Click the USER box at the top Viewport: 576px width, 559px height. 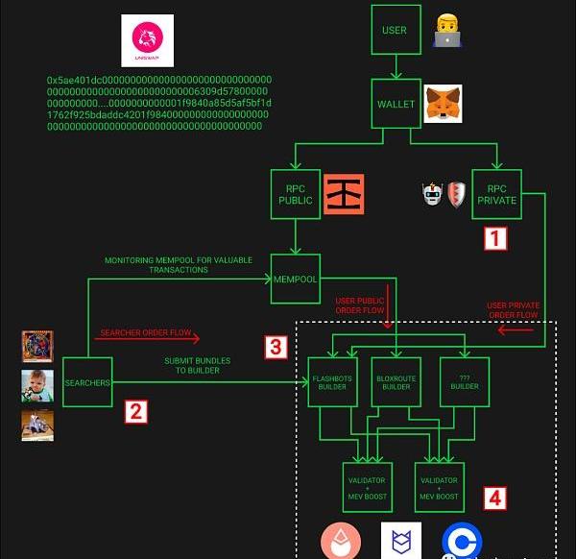pyautogui.click(x=395, y=30)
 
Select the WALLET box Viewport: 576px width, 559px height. pyautogui.click(x=395, y=103)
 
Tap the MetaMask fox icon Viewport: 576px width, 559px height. pyautogui.click(x=443, y=102)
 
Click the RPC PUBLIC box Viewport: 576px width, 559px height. pyautogui.click(x=295, y=194)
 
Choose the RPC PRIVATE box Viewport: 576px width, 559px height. pyautogui.click(x=497, y=194)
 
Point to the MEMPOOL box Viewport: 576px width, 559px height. pyautogui.click(x=295, y=278)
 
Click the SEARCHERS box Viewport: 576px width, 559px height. pyautogui.click(x=87, y=382)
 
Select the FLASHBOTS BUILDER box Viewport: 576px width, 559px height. pyautogui.click(x=331, y=381)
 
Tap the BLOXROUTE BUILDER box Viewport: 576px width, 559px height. pyautogui.click(x=396, y=381)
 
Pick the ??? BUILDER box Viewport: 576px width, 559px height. pyautogui.click(x=465, y=381)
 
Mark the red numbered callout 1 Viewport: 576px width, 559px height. pyautogui.click(x=493, y=238)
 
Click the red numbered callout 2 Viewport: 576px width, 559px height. pyautogui.click(x=136, y=413)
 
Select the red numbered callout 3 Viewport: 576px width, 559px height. pyautogui.click(x=275, y=347)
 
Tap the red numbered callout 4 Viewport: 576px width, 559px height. pyautogui.click(x=493, y=498)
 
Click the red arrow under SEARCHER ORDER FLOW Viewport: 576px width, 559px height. pyautogui.click(x=149, y=339)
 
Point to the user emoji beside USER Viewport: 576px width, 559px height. pyautogui.click(x=445, y=30)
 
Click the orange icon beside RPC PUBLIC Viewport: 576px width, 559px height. pyautogui.click(x=344, y=193)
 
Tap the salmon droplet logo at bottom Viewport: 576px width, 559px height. pyautogui.click(x=342, y=542)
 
